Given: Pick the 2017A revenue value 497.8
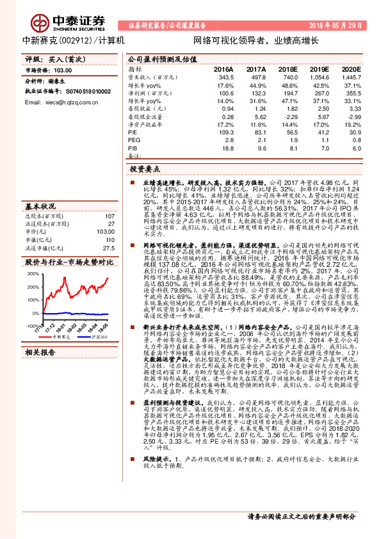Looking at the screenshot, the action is (256, 76).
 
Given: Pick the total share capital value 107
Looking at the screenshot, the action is (109, 217).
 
